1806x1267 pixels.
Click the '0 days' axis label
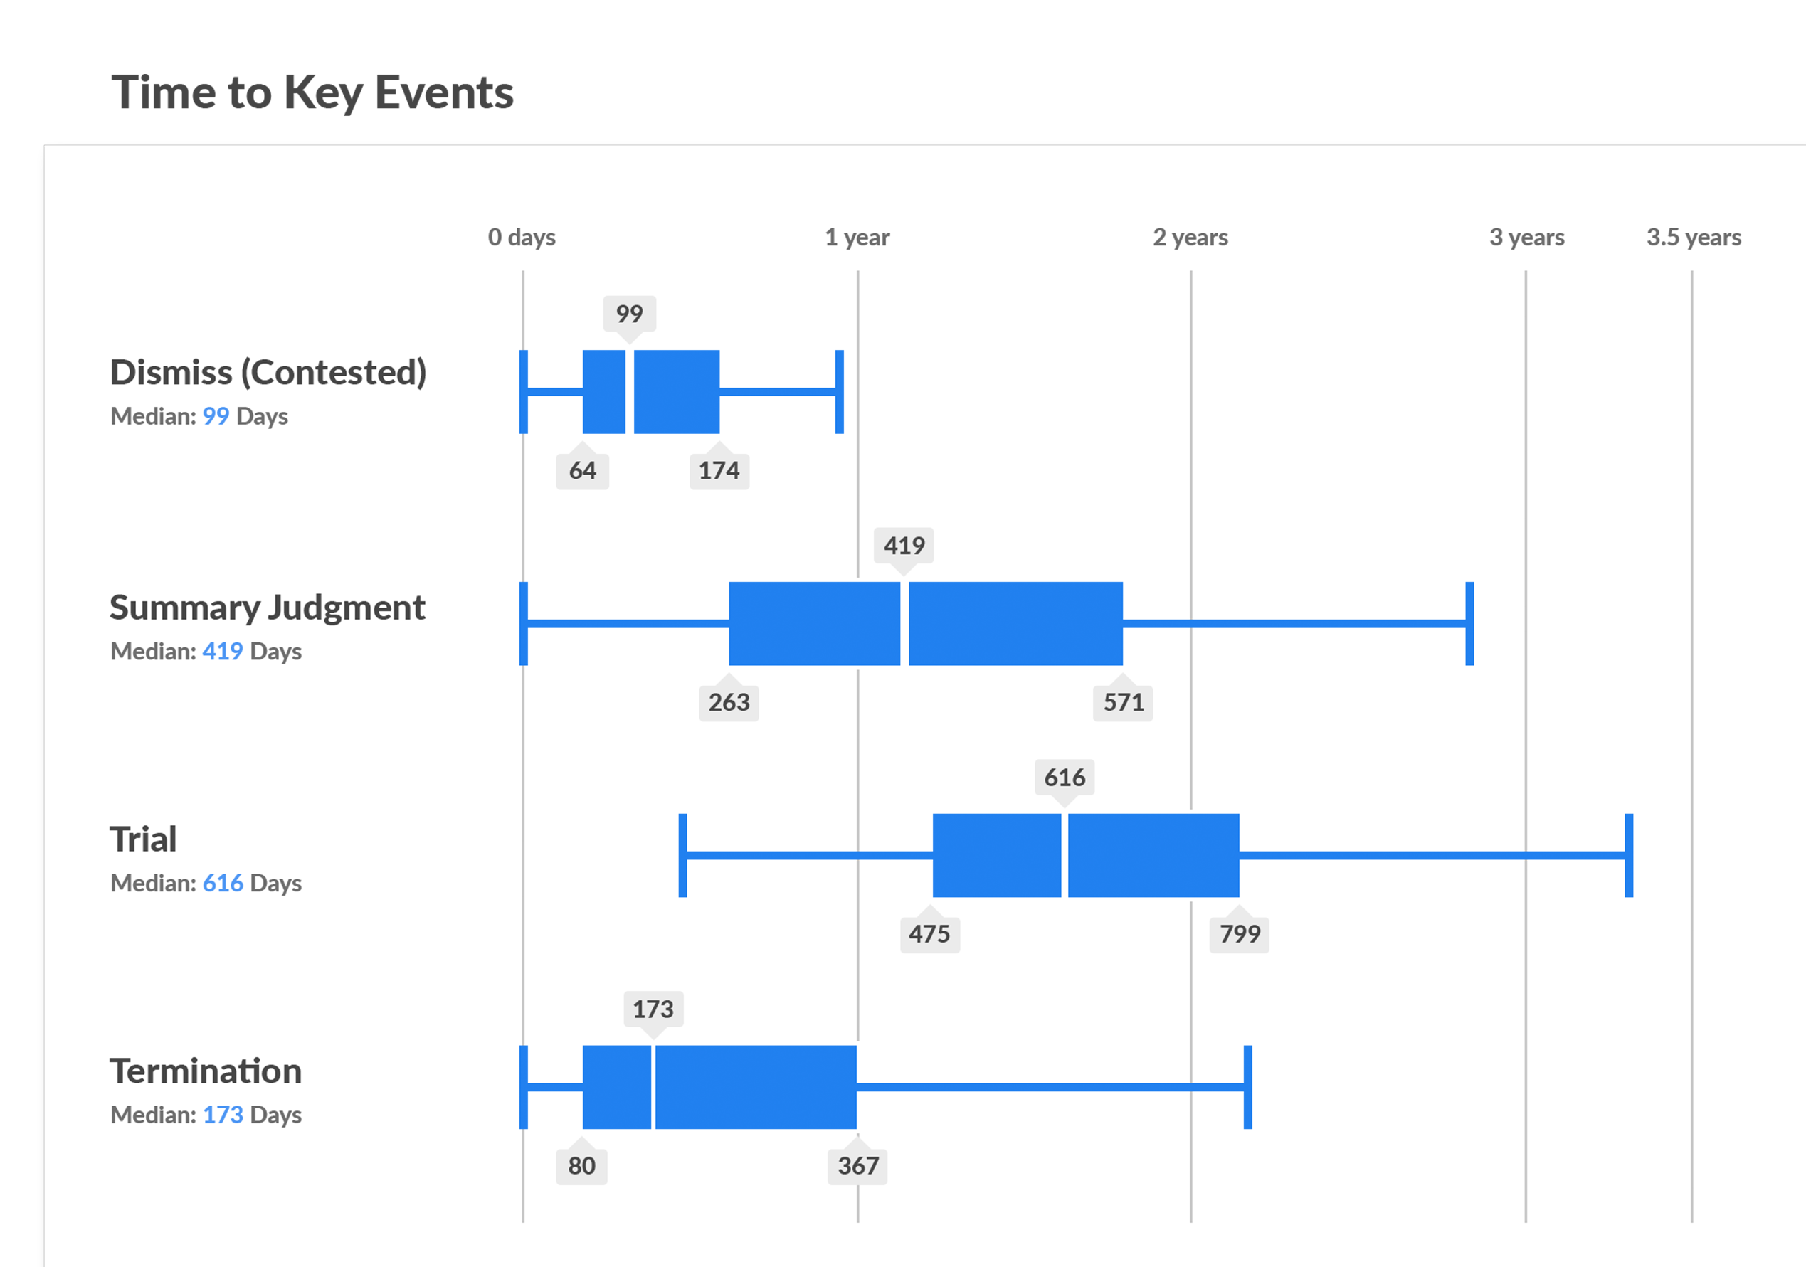coord(522,237)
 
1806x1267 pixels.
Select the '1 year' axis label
coord(857,237)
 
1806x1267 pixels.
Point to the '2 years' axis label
coord(1190,237)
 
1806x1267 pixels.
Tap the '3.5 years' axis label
coord(1694,237)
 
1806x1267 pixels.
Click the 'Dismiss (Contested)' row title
coord(268,372)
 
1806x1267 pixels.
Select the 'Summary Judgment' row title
coord(267,607)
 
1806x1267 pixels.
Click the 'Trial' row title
coord(143,839)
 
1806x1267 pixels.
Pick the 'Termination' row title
coord(206,1071)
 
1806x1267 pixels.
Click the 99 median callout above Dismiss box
coord(629,314)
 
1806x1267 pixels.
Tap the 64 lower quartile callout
coord(582,470)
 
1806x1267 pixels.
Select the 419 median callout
coord(904,545)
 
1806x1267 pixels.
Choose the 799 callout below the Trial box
coord(1239,933)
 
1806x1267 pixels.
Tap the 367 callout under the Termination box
coord(857,1165)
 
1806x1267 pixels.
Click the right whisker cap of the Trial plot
coord(1628,855)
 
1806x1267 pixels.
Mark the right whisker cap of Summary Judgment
coord(1469,624)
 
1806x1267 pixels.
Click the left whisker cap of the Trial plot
coord(682,855)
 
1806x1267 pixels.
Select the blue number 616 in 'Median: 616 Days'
coord(223,884)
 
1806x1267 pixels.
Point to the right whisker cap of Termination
coord(1247,1087)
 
